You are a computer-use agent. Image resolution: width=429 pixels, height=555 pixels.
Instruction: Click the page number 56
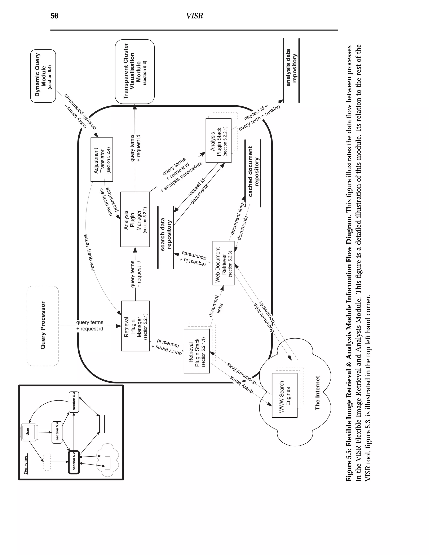54,16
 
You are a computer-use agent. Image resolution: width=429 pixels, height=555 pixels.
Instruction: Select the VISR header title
194,16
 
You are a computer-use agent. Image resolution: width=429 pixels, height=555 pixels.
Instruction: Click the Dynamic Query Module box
43,76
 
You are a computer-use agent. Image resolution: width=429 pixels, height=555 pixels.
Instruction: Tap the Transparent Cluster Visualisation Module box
135,71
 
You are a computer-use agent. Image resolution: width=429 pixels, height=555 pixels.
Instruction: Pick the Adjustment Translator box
102,160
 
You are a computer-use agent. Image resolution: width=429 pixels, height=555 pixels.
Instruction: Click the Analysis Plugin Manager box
135,219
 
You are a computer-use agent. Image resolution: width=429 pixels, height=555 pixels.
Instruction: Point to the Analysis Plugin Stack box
218,140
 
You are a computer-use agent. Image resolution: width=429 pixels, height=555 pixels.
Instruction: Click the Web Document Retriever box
223,263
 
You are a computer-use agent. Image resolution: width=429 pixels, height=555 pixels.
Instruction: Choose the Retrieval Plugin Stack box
197,351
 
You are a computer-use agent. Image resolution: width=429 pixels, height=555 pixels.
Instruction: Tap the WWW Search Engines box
285,395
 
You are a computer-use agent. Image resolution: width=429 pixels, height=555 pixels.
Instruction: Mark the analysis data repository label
291,68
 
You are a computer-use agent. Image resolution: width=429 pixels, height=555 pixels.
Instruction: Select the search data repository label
166,234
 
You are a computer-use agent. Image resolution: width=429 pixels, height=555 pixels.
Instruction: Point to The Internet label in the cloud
317,393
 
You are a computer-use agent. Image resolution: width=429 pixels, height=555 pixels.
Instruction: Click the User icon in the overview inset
28,431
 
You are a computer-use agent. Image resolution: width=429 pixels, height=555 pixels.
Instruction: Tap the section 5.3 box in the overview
74,402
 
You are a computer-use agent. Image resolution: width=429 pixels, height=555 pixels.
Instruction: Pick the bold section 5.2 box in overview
74,462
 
